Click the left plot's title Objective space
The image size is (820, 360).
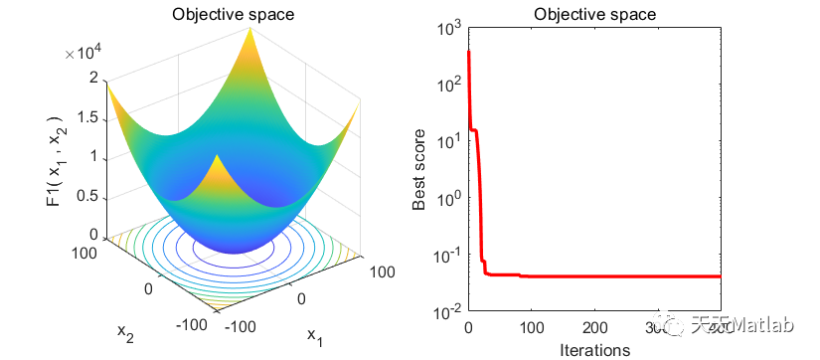[x=225, y=14]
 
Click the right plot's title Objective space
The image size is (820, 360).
[x=593, y=14]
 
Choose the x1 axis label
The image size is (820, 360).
[x=314, y=338]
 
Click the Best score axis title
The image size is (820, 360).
[x=420, y=170]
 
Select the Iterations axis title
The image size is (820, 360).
[x=593, y=349]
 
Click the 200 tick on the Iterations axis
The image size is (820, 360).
[x=593, y=327]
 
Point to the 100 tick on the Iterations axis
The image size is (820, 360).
[x=531, y=327]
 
